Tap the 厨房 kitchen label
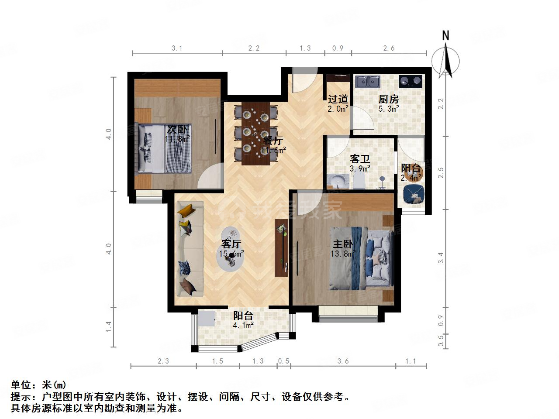pos(388,99)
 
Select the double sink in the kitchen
pos(368,81)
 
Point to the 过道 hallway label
pos(338,99)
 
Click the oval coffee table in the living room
pos(231,251)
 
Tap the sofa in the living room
pos(189,249)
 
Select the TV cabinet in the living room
pos(281,247)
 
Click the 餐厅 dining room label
pos(274,141)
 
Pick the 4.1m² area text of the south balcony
pos(243,325)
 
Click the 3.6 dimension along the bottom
pos(343,361)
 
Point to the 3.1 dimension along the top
pos(176,48)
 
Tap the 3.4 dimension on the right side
pos(441,258)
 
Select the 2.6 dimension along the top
pos(388,48)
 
